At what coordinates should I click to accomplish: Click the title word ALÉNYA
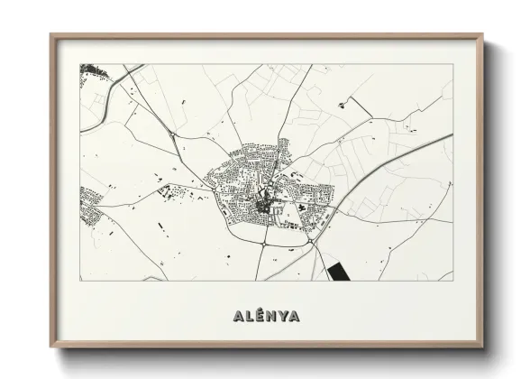[264, 316]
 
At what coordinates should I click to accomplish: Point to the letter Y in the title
[284, 316]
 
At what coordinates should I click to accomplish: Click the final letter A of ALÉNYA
[297, 316]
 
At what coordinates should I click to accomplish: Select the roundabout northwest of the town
[172, 135]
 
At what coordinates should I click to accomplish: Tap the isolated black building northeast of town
[342, 106]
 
